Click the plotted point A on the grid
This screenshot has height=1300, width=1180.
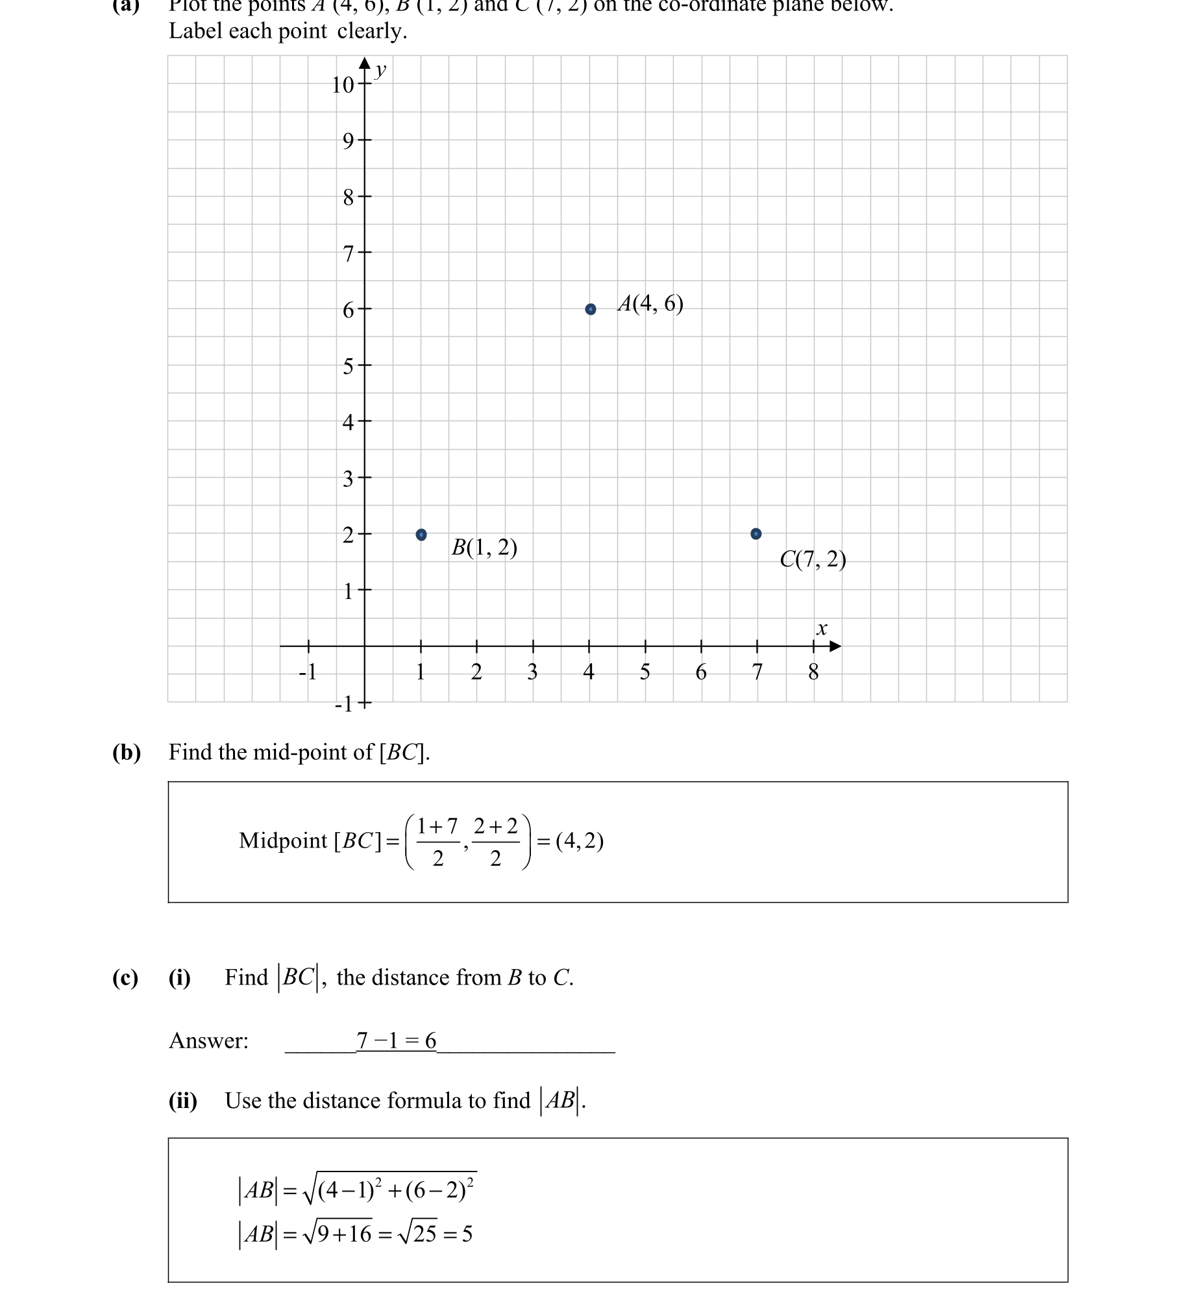coord(591,309)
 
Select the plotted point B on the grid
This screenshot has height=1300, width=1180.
coord(421,535)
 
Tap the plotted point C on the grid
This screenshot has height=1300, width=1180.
coord(756,534)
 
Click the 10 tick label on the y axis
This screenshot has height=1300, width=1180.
coord(343,85)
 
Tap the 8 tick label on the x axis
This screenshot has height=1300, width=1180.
coord(813,672)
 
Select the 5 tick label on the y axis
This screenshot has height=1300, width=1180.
coord(348,367)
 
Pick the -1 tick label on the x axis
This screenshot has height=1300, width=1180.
coord(307,672)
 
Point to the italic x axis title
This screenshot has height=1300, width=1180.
coord(822,628)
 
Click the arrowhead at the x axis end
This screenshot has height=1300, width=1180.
coord(835,646)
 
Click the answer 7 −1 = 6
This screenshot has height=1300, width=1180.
coord(396,1040)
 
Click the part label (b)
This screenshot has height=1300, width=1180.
coord(127,752)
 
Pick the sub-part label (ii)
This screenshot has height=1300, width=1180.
coord(183,1101)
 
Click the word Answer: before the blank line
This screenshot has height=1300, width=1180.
coord(208,1040)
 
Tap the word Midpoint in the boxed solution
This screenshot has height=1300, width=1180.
coord(283,840)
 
